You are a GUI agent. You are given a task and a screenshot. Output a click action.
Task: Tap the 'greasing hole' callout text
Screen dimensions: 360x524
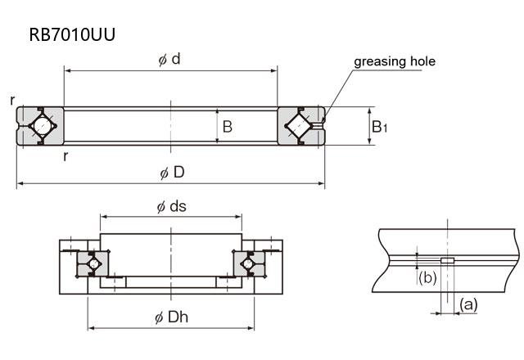(394, 61)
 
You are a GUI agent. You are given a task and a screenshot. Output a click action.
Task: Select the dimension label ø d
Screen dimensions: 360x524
(169, 60)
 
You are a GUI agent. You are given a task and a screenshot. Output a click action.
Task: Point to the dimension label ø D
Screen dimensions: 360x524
(172, 173)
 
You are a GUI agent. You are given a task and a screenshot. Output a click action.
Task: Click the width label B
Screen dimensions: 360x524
(228, 127)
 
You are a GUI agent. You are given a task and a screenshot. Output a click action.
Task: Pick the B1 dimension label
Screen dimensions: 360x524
(380, 127)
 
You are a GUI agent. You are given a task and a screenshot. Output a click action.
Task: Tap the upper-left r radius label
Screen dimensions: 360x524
(13, 100)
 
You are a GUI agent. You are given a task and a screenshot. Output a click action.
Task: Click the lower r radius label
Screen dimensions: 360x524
(65, 155)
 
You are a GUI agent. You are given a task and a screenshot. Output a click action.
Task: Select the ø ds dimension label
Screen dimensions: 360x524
(172, 205)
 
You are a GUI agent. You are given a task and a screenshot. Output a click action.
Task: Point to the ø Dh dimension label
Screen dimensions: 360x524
(172, 318)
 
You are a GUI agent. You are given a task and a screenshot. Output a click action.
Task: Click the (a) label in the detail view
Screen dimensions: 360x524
(468, 304)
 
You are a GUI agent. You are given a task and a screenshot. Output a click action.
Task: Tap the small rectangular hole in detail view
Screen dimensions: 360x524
(447, 261)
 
